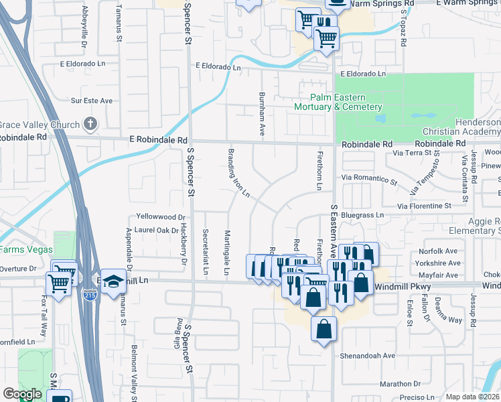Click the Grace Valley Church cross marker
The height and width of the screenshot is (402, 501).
(x=91, y=124)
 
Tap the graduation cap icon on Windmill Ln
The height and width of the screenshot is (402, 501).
(x=113, y=281)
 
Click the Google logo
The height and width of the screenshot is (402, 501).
(x=22, y=394)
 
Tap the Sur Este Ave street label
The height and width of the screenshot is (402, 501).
(x=92, y=100)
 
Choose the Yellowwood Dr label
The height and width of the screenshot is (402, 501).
(x=160, y=217)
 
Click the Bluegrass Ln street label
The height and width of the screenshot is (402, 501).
(x=360, y=215)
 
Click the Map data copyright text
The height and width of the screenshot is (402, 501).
(x=473, y=397)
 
